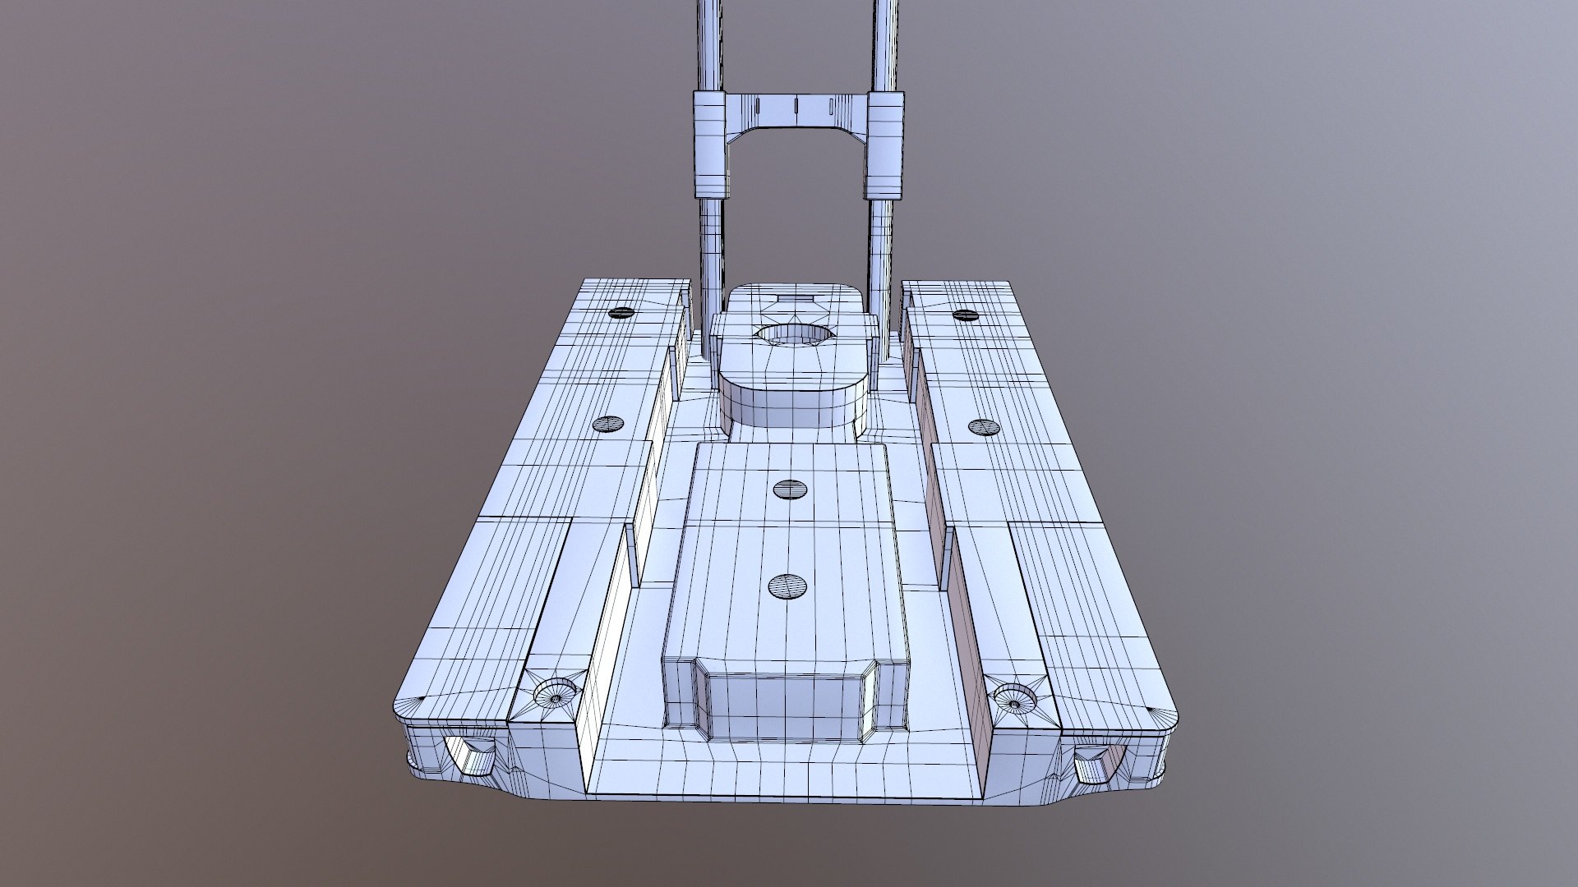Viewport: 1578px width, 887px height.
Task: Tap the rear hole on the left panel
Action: pos(621,312)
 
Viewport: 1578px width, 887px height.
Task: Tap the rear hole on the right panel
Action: pos(964,315)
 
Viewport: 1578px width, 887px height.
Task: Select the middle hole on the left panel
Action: pos(609,424)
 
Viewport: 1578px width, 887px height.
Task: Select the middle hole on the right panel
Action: pos(982,426)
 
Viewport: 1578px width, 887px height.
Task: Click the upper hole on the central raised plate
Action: pos(791,489)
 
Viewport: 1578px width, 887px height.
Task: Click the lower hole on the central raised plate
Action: pos(787,586)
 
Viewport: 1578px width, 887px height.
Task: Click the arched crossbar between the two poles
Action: pos(794,110)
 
